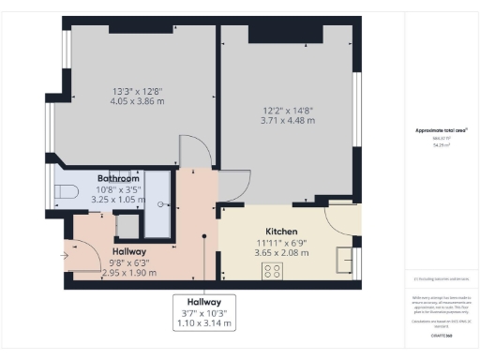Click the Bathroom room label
118,177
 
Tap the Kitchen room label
281,231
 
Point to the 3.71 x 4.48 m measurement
289,121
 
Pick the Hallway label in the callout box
203,302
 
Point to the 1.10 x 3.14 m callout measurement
203,323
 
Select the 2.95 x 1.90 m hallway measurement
128,273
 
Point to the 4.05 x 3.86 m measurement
130,103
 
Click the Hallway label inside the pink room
128,251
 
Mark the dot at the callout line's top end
203,237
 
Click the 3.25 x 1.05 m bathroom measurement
118,200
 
